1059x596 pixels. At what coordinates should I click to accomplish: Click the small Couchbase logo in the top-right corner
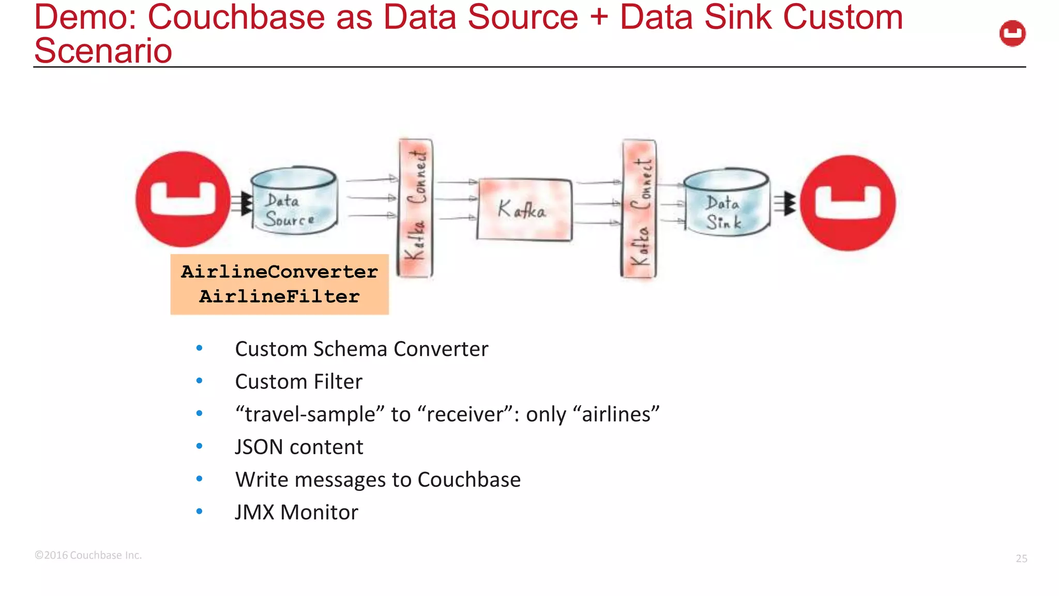tap(1012, 34)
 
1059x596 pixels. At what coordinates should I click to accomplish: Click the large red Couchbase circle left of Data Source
tap(183, 199)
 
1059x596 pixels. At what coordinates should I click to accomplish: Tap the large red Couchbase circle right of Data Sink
tap(848, 203)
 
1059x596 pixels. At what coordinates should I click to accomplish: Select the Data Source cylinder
tap(294, 201)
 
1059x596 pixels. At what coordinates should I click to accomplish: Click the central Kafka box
tap(524, 210)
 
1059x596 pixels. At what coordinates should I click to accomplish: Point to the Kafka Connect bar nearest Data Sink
tap(639, 209)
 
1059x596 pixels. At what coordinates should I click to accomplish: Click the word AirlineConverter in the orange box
tap(279, 272)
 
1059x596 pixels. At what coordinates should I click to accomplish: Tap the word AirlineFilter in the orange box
tap(279, 297)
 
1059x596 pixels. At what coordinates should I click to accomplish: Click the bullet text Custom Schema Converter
tap(361, 349)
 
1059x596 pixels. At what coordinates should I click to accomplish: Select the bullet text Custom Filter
tap(298, 382)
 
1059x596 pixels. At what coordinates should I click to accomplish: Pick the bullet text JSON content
tap(299, 447)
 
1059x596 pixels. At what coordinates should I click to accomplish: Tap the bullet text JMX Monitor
tap(296, 512)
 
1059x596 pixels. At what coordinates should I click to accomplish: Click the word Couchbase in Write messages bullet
tap(468, 480)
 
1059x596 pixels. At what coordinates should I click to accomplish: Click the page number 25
tap(1021, 558)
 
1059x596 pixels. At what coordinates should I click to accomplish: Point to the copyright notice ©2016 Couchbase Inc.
tap(88, 555)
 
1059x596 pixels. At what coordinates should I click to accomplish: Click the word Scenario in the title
tap(103, 51)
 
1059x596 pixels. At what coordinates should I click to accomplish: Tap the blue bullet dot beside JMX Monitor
tap(200, 512)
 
